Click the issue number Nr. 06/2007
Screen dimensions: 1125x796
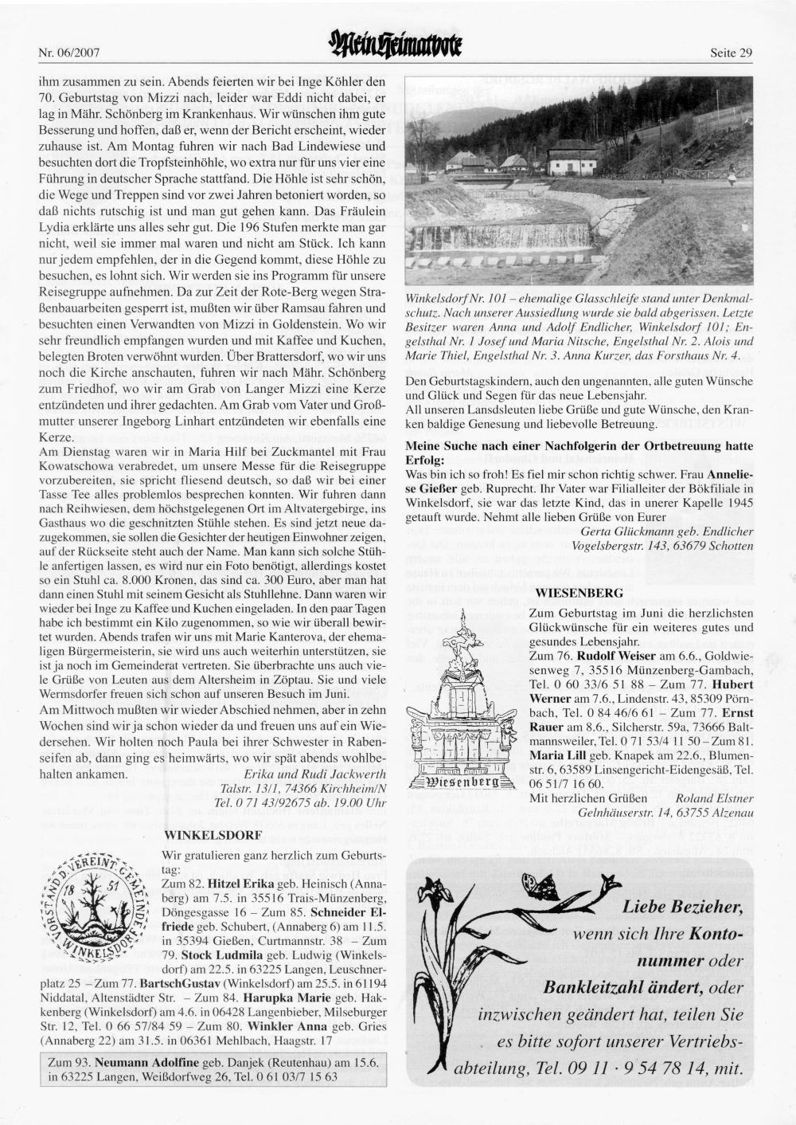pos(68,53)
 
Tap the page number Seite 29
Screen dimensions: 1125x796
pos(731,53)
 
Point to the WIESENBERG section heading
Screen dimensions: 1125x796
pos(579,594)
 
